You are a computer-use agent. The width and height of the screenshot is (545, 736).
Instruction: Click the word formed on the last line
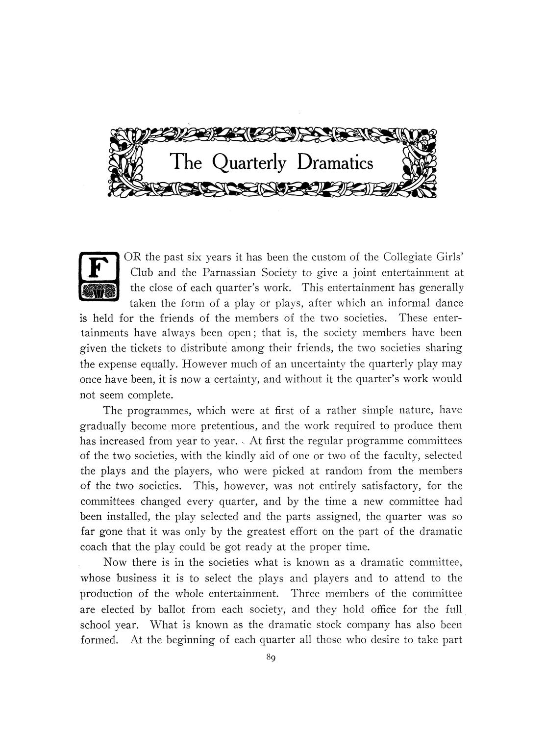(99, 640)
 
